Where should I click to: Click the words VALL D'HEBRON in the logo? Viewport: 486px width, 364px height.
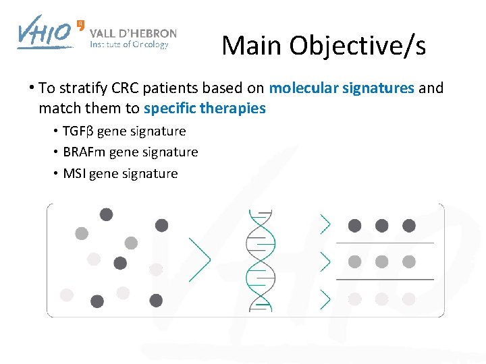133,33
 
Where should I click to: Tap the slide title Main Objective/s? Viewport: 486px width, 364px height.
323,45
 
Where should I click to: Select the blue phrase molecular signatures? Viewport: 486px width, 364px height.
342,88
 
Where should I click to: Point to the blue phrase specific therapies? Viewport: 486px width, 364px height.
205,108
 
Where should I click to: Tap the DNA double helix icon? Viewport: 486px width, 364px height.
261,260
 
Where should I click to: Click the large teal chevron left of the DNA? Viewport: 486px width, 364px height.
198,260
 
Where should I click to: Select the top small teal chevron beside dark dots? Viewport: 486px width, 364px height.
325,224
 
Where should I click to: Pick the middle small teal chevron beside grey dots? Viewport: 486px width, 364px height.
325,262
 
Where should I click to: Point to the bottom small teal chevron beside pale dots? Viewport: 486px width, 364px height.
325,299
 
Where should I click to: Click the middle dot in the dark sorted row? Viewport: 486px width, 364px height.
381,226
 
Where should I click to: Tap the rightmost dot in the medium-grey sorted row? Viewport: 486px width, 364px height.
408,262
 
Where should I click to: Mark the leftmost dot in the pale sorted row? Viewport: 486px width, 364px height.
354,299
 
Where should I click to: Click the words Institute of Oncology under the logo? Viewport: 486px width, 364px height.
129,45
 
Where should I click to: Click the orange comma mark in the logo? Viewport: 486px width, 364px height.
81,24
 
